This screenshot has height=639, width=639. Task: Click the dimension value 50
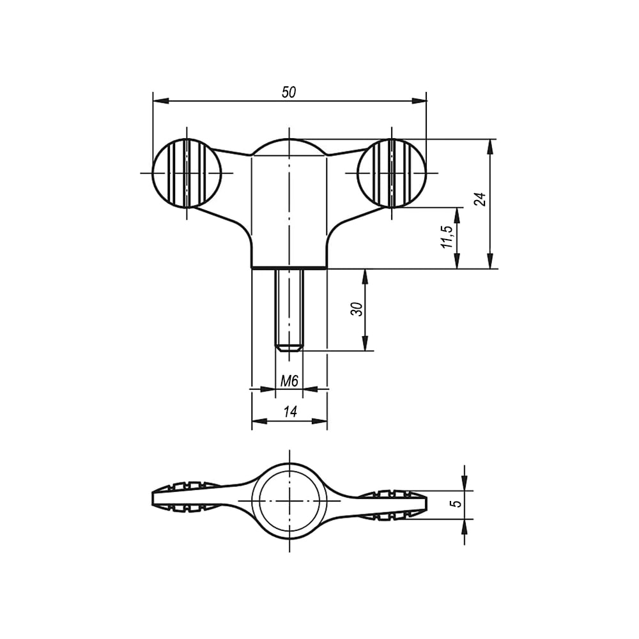tap(289, 92)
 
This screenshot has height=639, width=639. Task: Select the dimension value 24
tap(481, 199)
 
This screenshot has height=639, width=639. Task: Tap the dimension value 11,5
tap(447, 237)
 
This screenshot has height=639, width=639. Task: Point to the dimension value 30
tap(357, 309)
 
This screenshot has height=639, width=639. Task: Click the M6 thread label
tap(289, 381)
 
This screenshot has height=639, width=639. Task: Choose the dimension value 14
tap(289, 412)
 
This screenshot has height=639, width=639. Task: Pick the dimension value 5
tap(458, 504)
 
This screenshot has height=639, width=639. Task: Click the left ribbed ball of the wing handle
tap(187, 173)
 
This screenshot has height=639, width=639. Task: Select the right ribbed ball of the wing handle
tap(392, 173)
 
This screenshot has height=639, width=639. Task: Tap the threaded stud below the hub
tap(289, 309)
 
